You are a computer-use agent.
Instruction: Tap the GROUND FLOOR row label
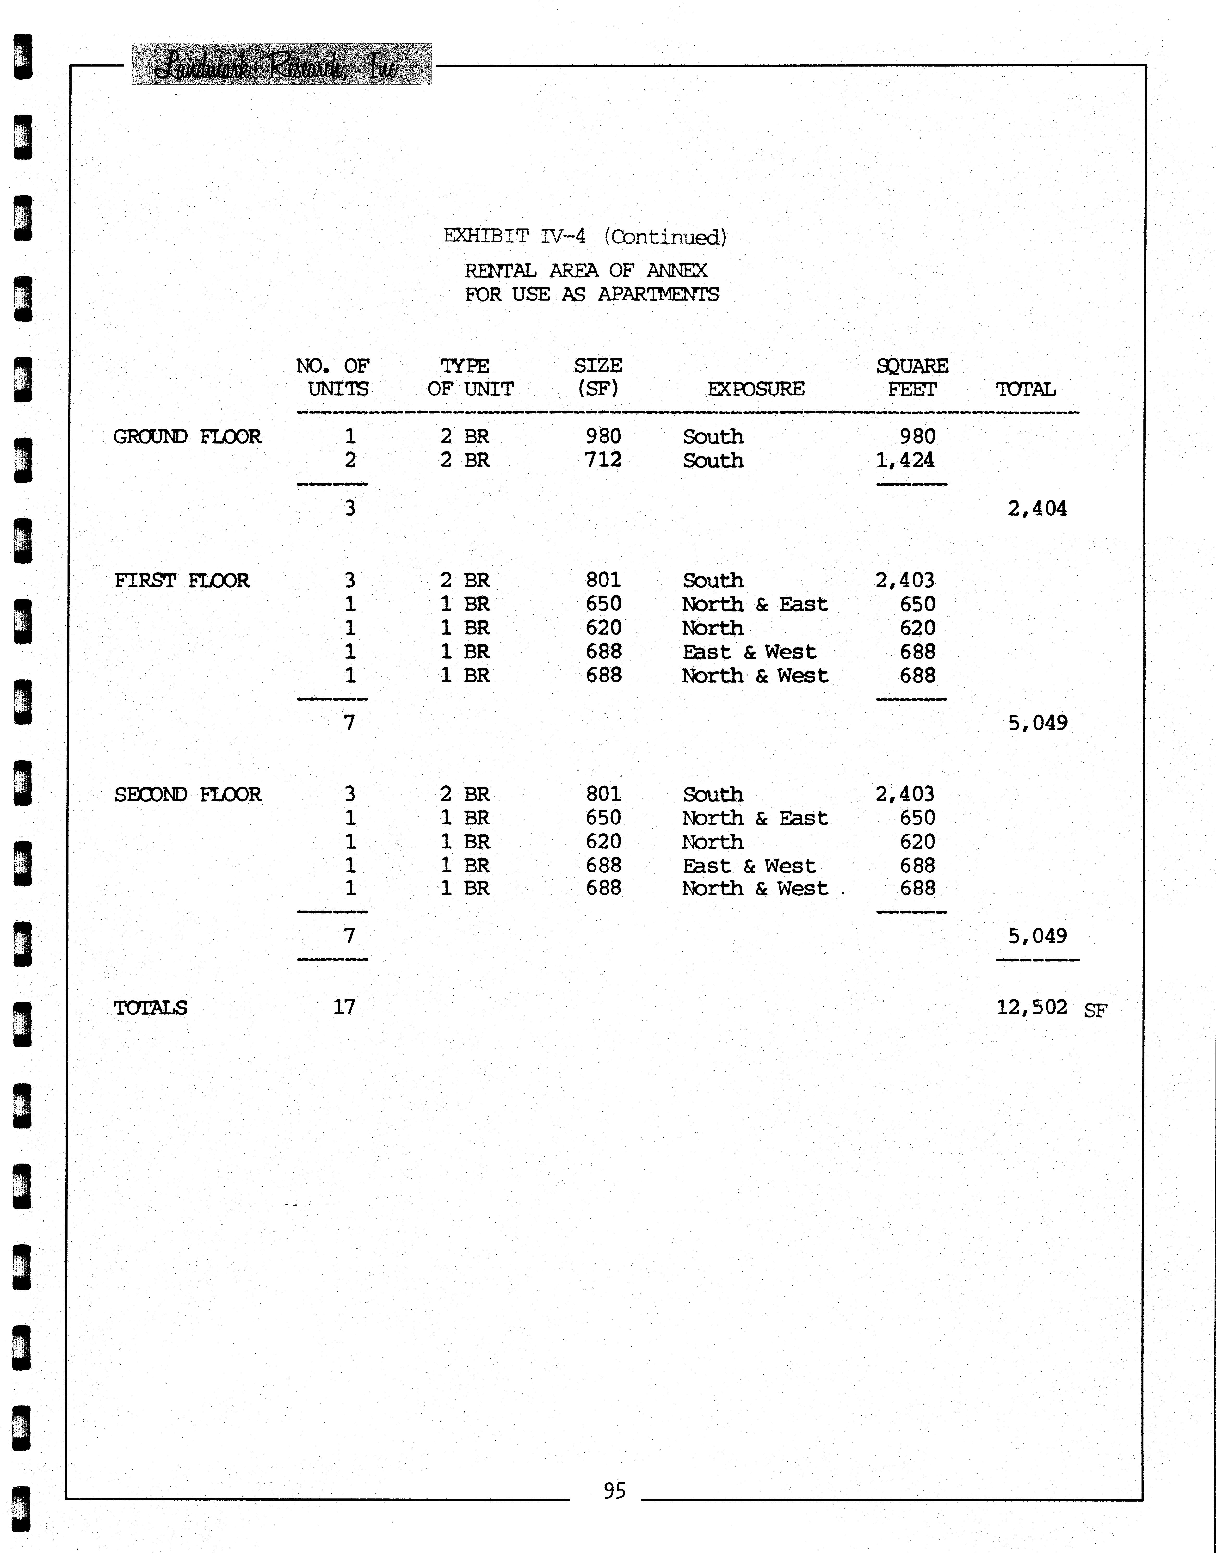(x=187, y=436)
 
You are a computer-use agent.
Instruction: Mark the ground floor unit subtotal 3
(x=350, y=508)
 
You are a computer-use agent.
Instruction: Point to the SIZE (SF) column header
(x=598, y=377)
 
